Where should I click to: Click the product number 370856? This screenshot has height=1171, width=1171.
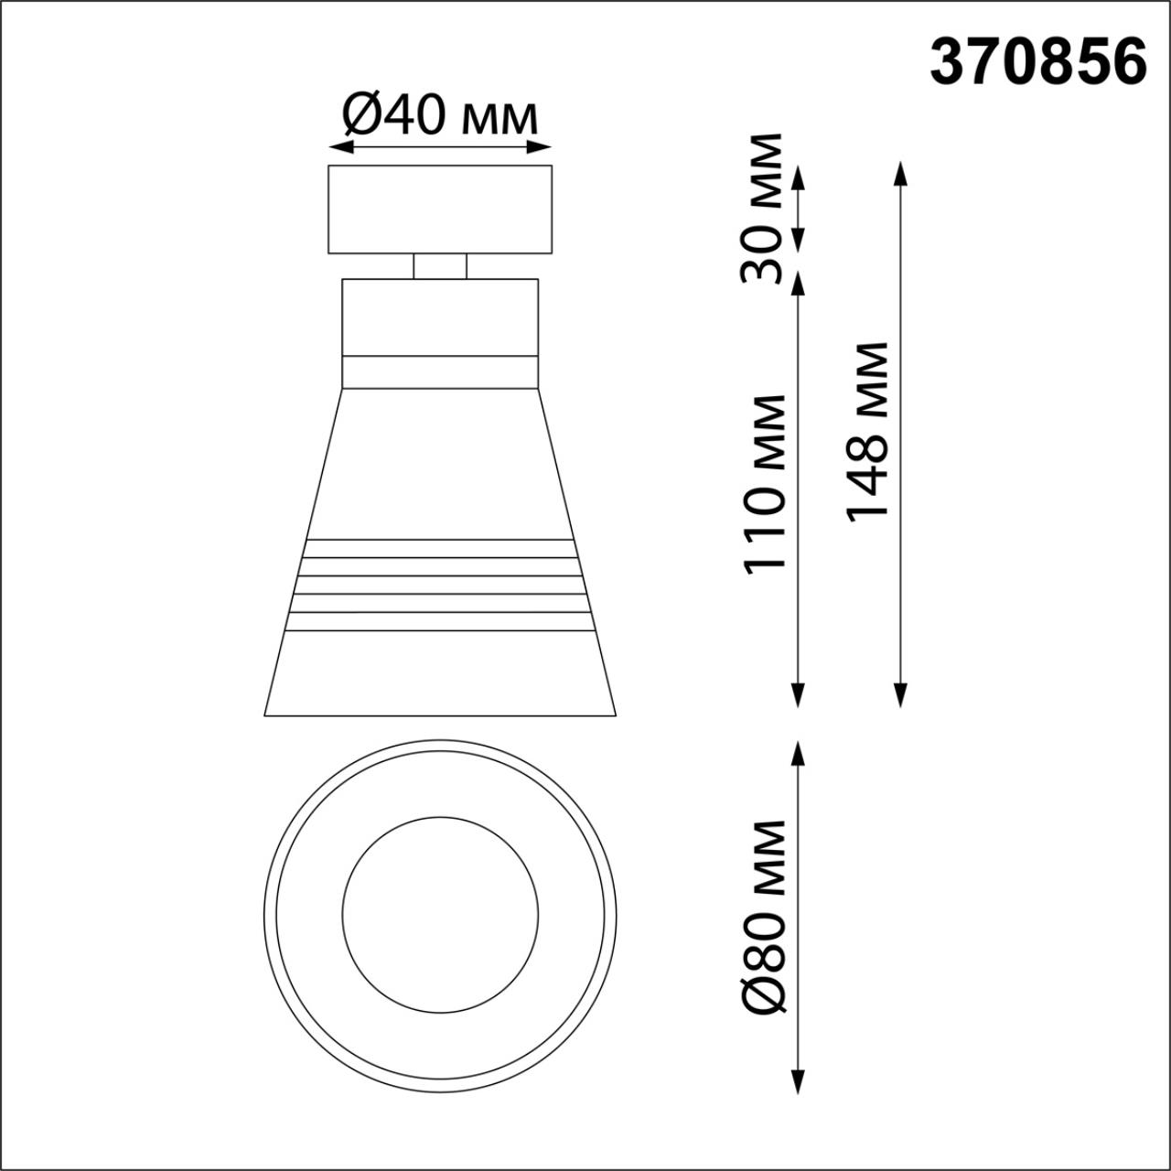coord(1037,63)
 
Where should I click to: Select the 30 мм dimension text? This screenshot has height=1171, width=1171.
coord(762,208)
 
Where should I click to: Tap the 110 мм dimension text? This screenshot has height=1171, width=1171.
coord(765,484)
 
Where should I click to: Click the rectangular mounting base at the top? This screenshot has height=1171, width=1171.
coord(439,209)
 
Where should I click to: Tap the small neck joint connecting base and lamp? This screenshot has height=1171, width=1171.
coord(439,266)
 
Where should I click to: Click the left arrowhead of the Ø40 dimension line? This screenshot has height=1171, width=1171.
coord(337,146)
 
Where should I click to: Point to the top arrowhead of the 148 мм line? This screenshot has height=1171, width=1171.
coord(900,170)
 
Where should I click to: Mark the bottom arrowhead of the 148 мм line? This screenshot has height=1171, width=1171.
coord(900,699)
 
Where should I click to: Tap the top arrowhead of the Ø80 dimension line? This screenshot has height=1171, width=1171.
coord(799,750)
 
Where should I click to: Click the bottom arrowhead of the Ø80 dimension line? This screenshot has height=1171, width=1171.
coord(799,1083)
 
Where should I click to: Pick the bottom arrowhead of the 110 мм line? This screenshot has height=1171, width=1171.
coord(799,699)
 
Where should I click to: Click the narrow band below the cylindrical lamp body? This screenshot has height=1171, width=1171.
coord(439,371)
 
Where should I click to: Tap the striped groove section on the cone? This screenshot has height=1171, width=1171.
coord(439,585)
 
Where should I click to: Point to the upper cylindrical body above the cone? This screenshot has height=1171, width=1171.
coord(439,317)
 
